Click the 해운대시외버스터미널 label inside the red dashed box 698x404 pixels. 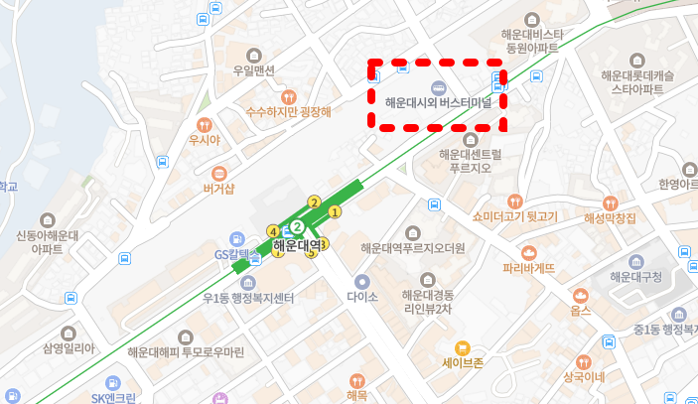coord(438,101)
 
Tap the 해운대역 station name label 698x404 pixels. coord(297,245)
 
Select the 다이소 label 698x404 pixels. coord(362,296)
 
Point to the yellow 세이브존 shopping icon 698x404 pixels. coord(462,347)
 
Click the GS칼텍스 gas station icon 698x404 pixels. coord(236,238)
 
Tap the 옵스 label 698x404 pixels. coord(581,311)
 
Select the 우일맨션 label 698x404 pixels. coord(253,70)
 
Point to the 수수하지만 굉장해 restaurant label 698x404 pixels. coord(288,112)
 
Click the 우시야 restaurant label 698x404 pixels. coord(204,140)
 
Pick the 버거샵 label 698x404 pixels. coord(218,189)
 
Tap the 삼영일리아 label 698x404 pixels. coord(69,348)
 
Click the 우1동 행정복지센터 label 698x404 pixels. coord(248,299)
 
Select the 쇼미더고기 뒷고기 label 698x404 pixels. coord(515,215)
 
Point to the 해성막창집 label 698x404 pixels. coord(610,217)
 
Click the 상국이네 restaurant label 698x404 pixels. coord(584,377)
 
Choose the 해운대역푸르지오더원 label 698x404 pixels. coord(413,248)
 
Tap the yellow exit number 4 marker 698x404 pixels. coord(273,231)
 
